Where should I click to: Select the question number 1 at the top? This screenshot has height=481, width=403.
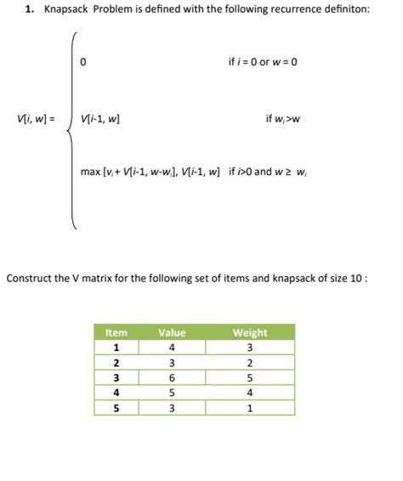click(x=28, y=10)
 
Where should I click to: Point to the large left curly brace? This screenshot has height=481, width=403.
click(x=75, y=132)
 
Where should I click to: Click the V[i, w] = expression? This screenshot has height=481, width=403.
click(x=36, y=118)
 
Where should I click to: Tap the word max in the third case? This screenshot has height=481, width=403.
click(x=90, y=172)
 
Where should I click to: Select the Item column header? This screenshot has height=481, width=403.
click(x=116, y=332)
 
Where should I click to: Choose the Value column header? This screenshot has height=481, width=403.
click(x=172, y=332)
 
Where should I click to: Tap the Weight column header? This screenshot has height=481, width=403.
click(x=249, y=332)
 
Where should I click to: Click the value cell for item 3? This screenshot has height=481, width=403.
click(x=172, y=377)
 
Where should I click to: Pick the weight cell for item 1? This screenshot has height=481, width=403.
click(x=249, y=347)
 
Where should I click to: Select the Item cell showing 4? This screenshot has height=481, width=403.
click(x=116, y=393)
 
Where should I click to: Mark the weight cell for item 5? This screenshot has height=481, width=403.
click(x=249, y=408)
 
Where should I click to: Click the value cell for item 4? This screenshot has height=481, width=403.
click(x=172, y=393)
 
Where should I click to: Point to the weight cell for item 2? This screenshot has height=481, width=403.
click(x=249, y=362)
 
